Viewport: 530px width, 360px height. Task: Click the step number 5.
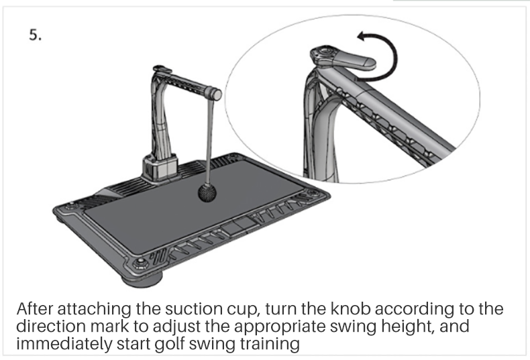tap(35, 36)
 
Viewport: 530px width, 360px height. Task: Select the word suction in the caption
tap(197, 312)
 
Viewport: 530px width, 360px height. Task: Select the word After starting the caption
tap(37, 312)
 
